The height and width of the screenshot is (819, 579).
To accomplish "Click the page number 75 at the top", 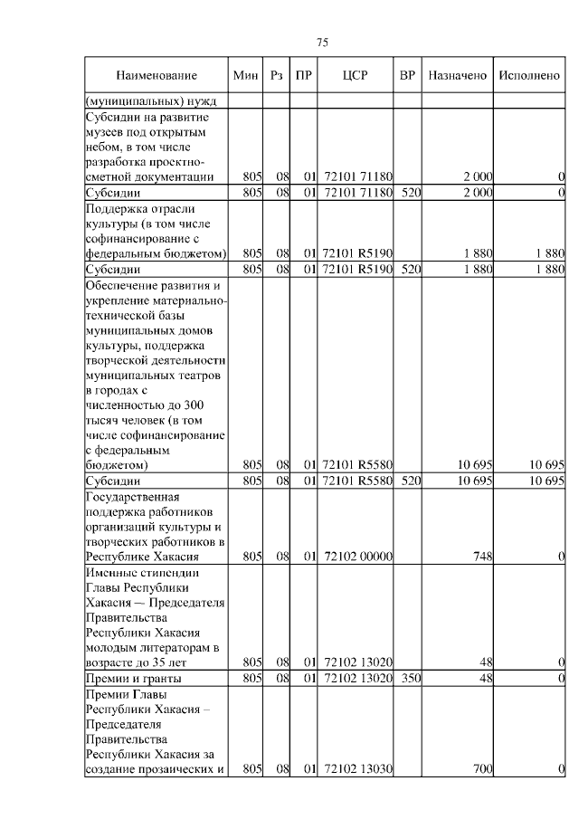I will (x=322, y=43).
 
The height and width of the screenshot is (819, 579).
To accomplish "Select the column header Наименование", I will (x=157, y=76).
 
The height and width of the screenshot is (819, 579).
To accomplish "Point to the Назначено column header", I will (x=458, y=76).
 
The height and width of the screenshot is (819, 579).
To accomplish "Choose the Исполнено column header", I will (x=529, y=76).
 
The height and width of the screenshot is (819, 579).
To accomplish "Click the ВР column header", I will (x=407, y=76).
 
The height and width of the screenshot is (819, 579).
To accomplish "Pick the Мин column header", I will (x=245, y=76).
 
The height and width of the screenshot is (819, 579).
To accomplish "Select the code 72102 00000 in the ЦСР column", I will (x=357, y=557).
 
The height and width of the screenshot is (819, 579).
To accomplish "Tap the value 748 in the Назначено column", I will (x=481, y=557).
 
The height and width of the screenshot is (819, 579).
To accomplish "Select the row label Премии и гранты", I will (x=133, y=678).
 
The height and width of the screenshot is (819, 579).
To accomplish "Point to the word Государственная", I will (x=134, y=498).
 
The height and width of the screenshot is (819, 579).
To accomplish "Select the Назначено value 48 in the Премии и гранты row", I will (x=485, y=678).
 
